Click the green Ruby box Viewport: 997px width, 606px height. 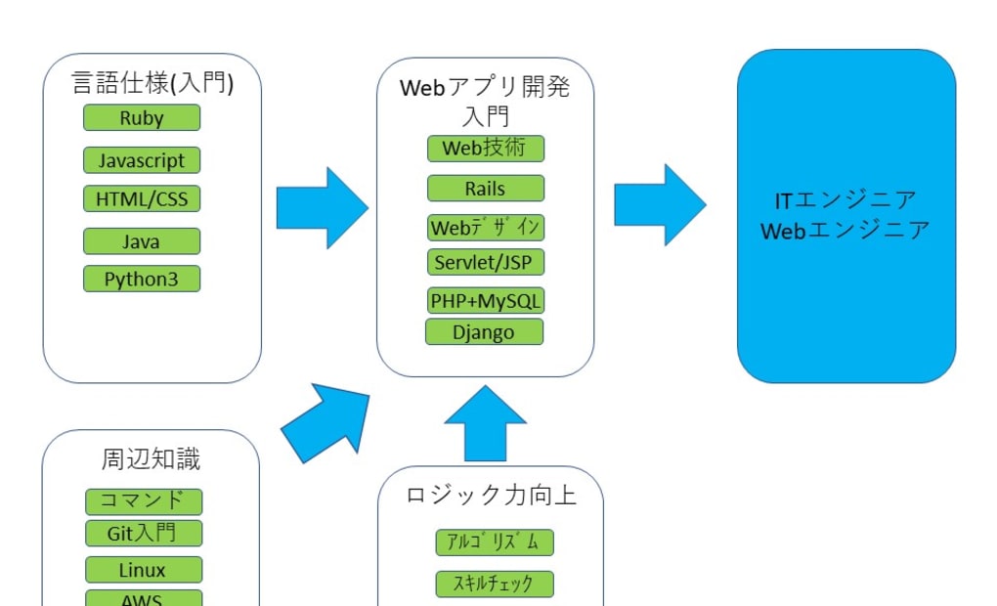pos(142,118)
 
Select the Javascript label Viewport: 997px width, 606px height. pos(142,159)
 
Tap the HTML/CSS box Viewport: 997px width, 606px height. pos(142,199)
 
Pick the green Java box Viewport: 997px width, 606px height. pos(142,241)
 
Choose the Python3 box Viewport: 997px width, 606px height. pos(142,279)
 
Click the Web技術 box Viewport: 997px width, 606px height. pos(486,149)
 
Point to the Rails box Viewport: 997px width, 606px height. pos(486,189)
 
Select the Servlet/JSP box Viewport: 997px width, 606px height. pos(486,263)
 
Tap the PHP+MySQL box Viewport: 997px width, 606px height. pos(486,301)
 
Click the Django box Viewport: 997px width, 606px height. pos(484,332)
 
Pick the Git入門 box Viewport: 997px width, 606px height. pos(144,534)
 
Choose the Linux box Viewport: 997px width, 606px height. pos(144,570)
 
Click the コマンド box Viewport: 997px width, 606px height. pos(144,501)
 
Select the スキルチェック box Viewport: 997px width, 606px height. pos(495,584)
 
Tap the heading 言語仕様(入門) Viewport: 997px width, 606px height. pos(152,84)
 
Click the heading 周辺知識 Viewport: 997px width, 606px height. pos(152,458)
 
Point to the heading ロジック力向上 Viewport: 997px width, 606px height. pos(491,495)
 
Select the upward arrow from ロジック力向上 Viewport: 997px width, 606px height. pos(486,422)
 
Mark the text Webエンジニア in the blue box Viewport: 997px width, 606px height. pos(845,232)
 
